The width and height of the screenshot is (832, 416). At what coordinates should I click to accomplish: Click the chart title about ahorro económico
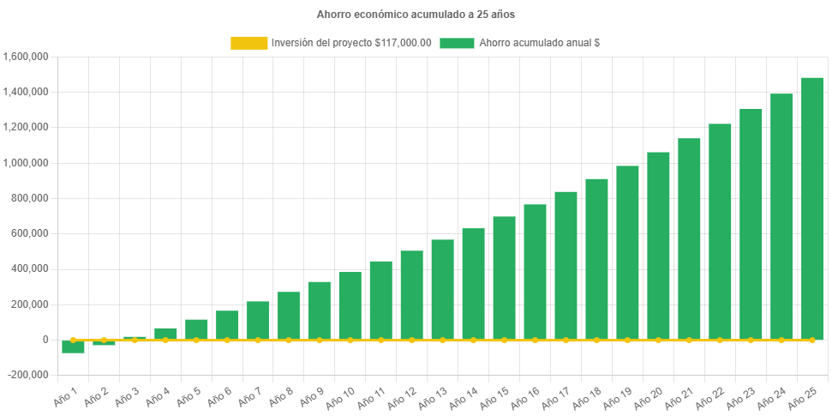(416, 15)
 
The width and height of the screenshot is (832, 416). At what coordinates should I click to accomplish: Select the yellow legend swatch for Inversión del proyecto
(248, 43)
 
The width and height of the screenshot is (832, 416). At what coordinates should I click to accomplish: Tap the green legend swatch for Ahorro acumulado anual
(457, 43)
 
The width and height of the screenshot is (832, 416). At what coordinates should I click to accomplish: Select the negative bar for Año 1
(73, 347)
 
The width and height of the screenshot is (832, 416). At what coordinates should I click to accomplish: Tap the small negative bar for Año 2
(104, 342)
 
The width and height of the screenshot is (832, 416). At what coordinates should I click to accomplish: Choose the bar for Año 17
(566, 265)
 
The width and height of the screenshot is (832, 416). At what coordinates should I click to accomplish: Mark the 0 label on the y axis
(44, 340)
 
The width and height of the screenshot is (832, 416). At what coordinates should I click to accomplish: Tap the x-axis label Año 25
(804, 395)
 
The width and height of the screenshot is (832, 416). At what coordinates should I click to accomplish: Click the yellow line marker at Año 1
(73, 340)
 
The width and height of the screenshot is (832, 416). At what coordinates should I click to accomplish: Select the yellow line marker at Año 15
(504, 340)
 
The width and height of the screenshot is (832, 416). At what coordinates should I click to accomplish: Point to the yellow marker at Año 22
(720, 340)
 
